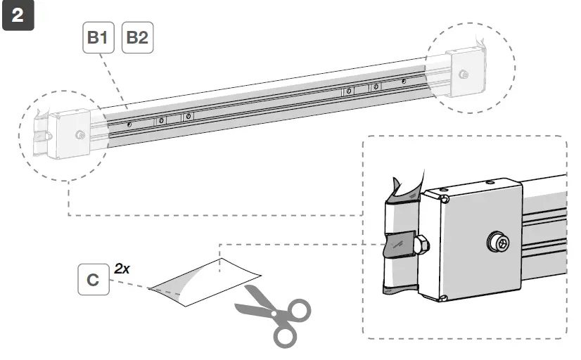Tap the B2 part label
(136, 38)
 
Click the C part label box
(93, 279)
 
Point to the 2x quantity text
(123, 267)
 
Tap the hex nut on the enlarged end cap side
(422, 245)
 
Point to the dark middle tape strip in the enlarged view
(399, 243)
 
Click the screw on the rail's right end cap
(464, 74)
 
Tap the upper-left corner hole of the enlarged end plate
(445, 198)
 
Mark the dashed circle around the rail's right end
(513, 67)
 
